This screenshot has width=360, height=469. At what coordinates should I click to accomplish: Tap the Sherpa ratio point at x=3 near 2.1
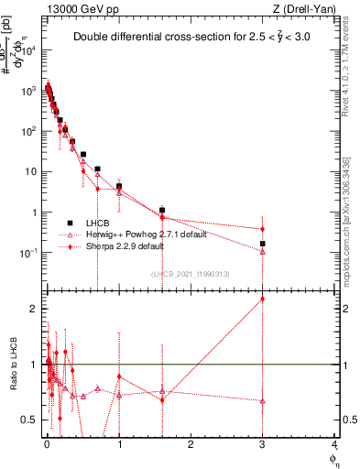(263, 299)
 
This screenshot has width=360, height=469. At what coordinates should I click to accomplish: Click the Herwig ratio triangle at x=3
(263, 400)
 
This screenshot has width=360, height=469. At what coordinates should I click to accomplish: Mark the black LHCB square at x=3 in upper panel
(263, 244)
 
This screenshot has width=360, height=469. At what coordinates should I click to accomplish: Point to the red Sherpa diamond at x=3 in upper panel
(263, 229)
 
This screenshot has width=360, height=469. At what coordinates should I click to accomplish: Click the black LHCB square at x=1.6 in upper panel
(162, 211)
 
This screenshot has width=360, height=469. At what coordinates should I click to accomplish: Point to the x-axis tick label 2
(191, 444)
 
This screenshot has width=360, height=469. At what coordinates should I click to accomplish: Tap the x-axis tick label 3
(263, 444)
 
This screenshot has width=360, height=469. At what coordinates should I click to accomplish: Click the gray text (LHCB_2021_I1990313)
(191, 273)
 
